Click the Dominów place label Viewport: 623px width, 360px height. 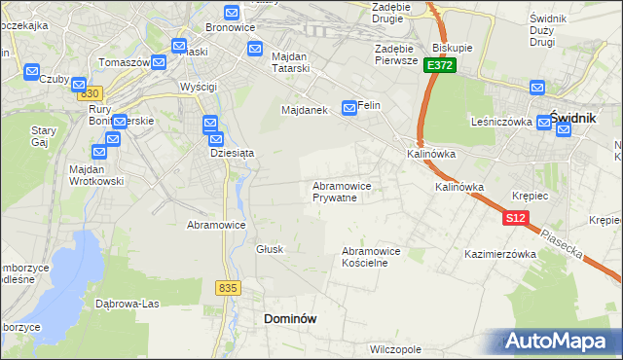[x=290, y=318]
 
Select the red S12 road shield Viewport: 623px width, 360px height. [x=516, y=219]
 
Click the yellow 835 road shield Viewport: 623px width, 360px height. [x=229, y=288]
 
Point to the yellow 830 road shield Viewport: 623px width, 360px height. [x=91, y=92]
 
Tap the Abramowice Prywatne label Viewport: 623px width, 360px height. [x=341, y=191]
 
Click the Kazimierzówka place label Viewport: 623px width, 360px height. [x=501, y=254]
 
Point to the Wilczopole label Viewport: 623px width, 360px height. [x=395, y=347]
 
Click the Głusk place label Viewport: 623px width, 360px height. [x=270, y=249]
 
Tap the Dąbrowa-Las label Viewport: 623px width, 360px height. [x=127, y=303]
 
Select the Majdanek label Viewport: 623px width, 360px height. [x=309, y=110]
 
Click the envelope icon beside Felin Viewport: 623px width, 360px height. [x=348, y=106]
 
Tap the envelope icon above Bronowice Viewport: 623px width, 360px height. [x=232, y=13]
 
